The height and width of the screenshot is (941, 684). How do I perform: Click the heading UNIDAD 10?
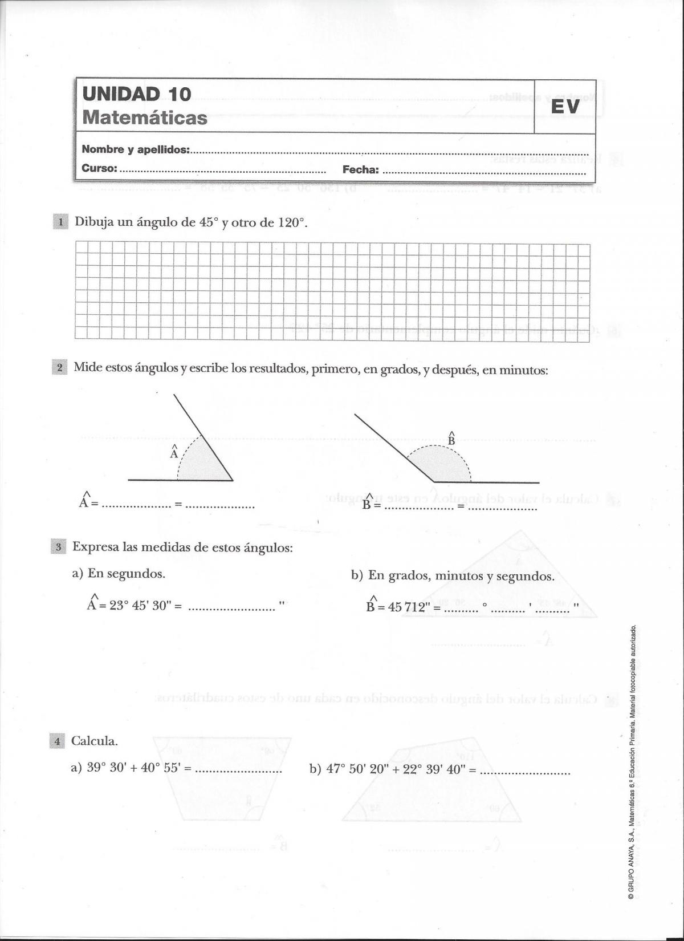pyautogui.click(x=137, y=94)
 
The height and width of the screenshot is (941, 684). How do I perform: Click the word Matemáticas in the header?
pyautogui.click(x=145, y=118)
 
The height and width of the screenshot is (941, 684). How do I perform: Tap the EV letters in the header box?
pyautogui.click(x=565, y=107)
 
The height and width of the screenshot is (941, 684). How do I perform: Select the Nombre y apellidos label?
pyautogui.click(x=136, y=149)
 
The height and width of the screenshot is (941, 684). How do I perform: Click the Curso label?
pyautogui.click(x=99, y=168)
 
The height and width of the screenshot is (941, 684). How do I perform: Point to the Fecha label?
pyautogui.click(x=360, y=169)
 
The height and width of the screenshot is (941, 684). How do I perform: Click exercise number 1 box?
pyautogui.click(x=60, y=222)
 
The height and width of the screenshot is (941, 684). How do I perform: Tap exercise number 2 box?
pyautogui.click(x=59, y=367)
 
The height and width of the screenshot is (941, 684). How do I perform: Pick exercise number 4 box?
pyautogui.click(x=57, y=741)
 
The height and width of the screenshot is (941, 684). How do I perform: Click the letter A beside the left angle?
pyautogui.click(x=174, y=453)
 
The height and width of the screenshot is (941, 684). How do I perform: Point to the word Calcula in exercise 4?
pyautogui.click(x=94, y=741)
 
